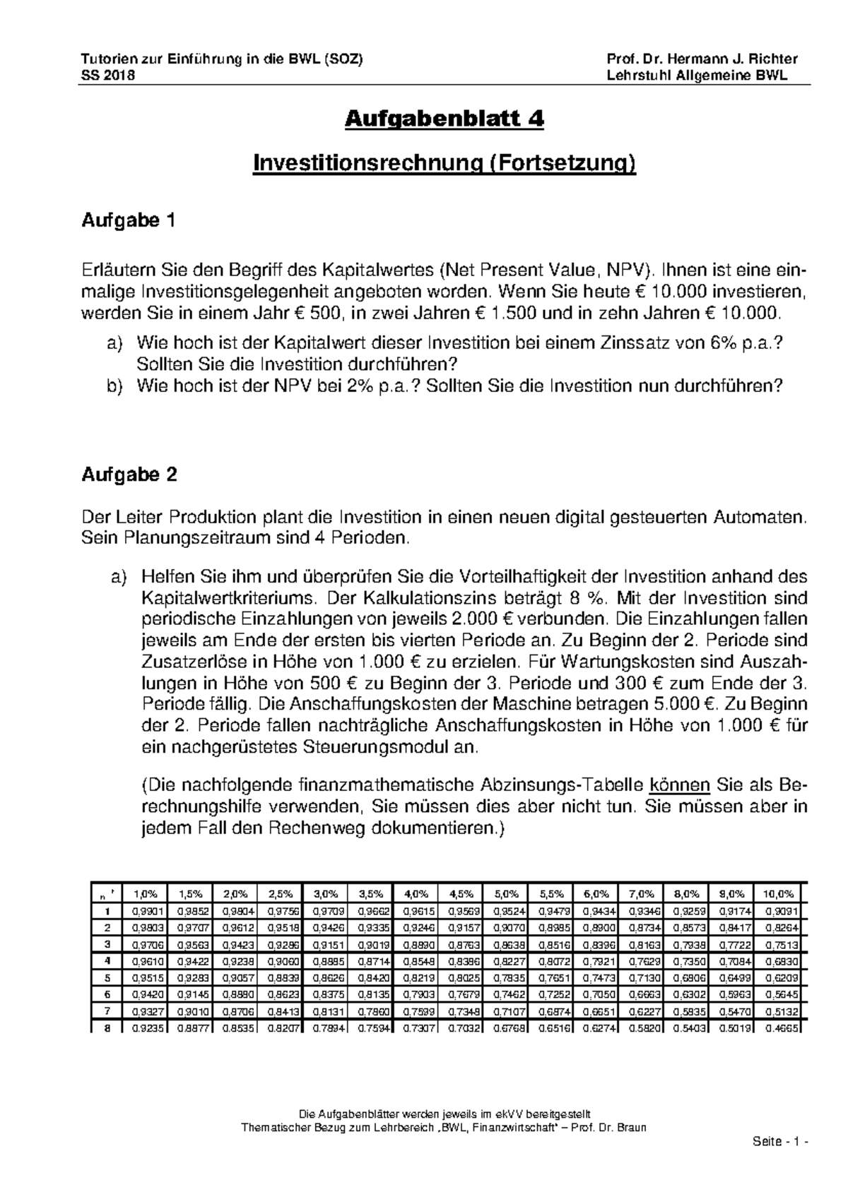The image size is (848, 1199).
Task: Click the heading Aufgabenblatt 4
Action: (x=444, y=119)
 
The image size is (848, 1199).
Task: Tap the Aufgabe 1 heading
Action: (x=128, y=221)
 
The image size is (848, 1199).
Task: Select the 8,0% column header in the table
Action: (x=688, y=893)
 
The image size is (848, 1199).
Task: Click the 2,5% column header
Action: (x=279, y=893)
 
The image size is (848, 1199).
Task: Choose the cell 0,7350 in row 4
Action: (x=688, y=960)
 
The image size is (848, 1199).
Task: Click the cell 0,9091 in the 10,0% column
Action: (x=778, y=909)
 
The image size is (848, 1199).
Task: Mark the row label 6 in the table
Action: (x=107, y=994)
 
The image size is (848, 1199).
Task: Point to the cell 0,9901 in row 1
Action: (x=145, y=909)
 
